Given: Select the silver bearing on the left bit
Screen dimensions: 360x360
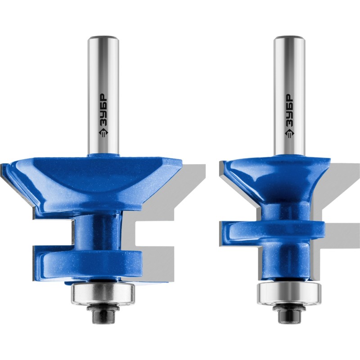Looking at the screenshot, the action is [103, 295].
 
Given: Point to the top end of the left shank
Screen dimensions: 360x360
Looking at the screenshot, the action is [103, 37].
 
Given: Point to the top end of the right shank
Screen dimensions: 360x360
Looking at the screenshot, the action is [289, 37].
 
